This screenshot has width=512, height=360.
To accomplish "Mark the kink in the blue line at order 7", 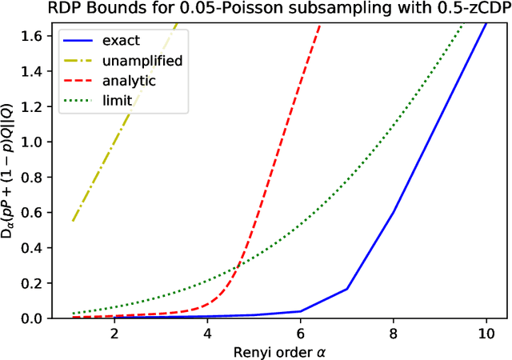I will pyautogui.click(x=347, y=289).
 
